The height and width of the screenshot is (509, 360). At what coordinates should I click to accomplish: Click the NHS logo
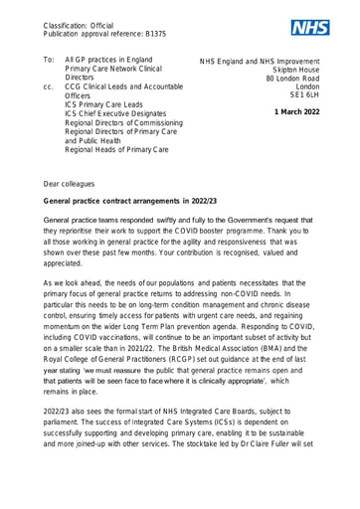coord(311,27)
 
